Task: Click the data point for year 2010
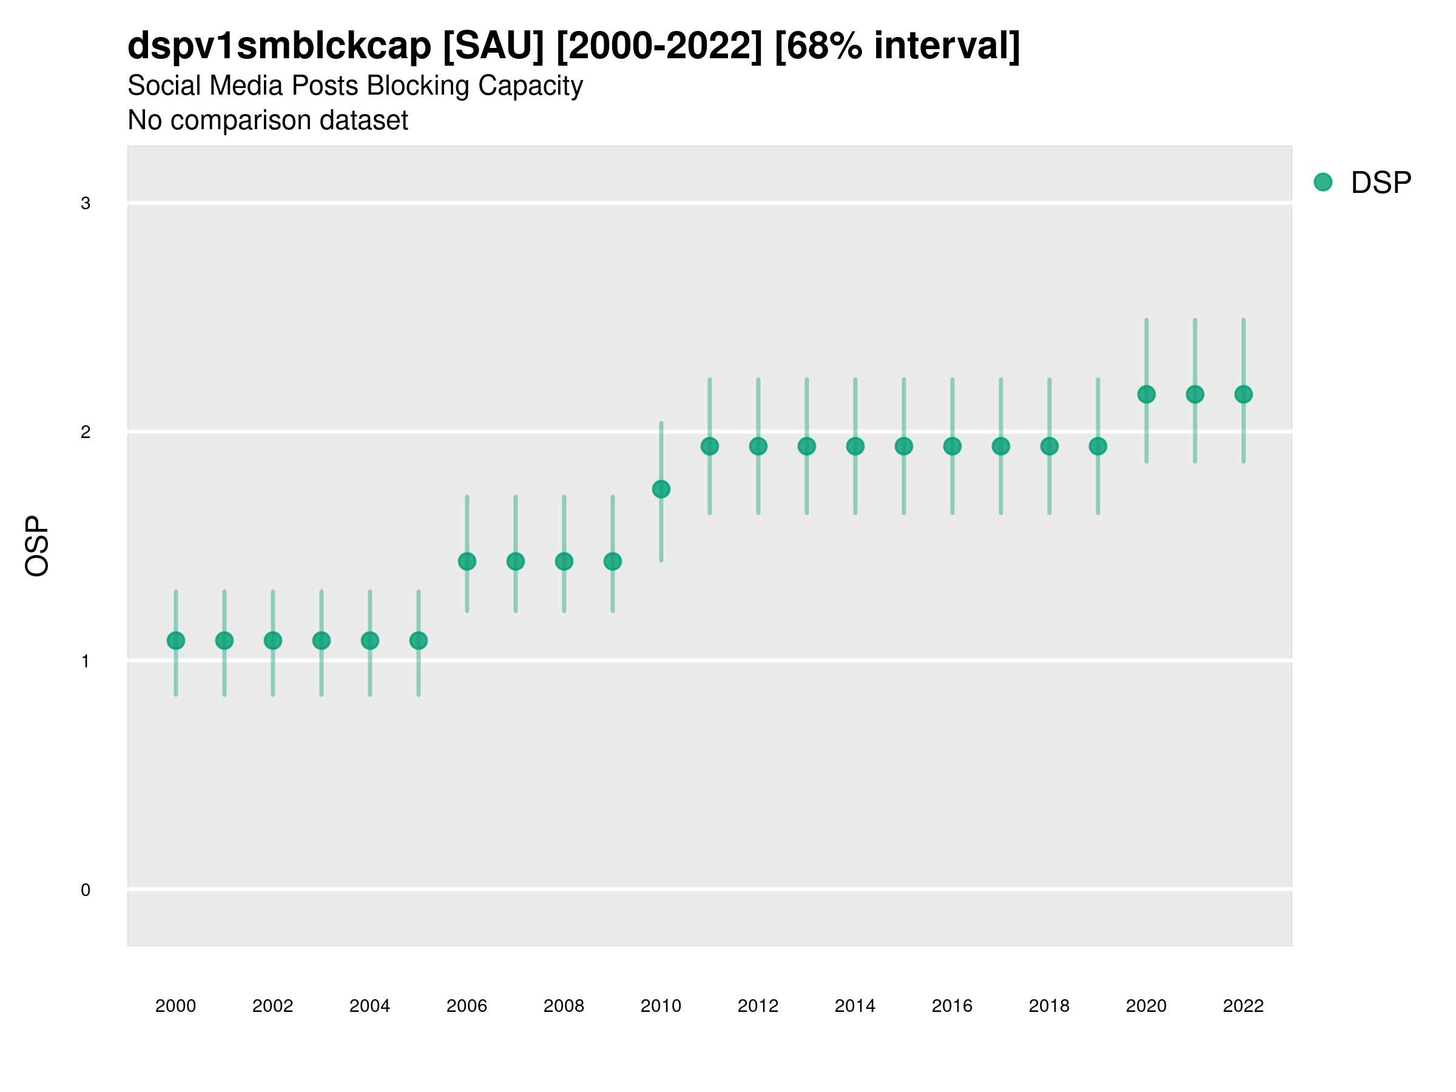pos(661,489)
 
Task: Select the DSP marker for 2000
pos(176,641)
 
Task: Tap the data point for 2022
pos(1244,394)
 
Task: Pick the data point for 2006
pos(467,561)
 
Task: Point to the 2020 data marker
pos(1146,394)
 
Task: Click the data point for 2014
pos(855,447)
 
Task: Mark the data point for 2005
pos(419,641)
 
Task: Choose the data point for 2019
pos(1098,447)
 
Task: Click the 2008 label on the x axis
pos(564,1006)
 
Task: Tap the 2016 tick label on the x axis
pos(952,1006)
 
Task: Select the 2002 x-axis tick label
pos(272,1006)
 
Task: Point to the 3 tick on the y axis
pos(86,203)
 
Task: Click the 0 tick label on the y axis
pos(86,890)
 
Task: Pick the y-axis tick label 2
pos(86,433)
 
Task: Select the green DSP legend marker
pos(1323,183)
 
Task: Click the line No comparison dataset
pos(268,121)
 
